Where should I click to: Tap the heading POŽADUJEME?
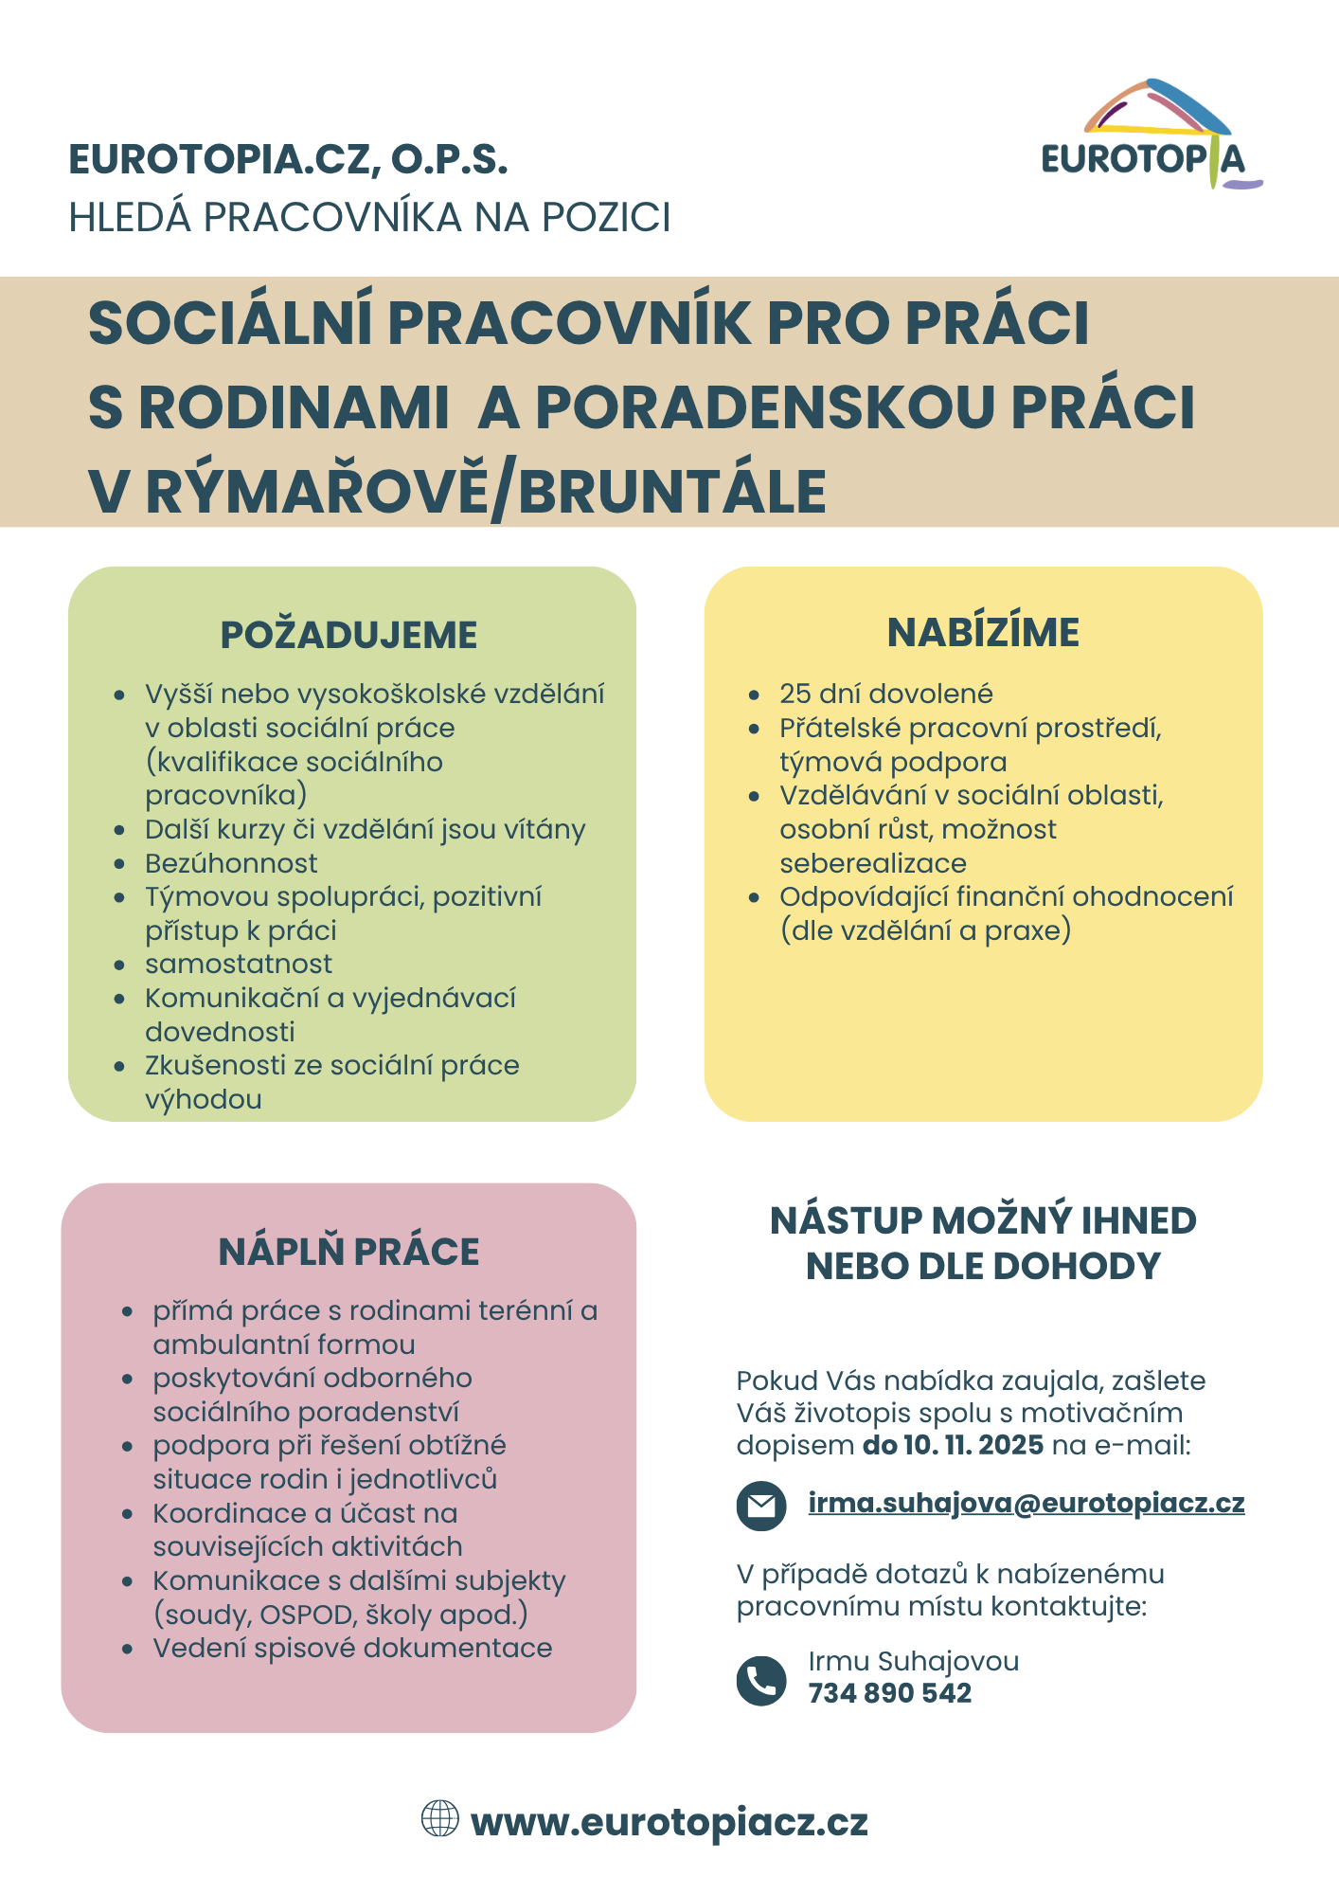pos(348,635)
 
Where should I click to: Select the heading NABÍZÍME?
pos(983,633)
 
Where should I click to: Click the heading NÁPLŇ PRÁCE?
pos(348,1252)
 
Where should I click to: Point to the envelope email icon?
pos(760,1506)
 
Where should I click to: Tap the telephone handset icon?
pos(760,1681)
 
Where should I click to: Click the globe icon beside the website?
pos(439,1818)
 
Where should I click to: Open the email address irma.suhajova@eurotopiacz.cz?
pos(1026,1503)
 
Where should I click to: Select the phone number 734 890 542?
pos(889,1693)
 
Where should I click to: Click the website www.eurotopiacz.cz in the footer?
pos(669,1822)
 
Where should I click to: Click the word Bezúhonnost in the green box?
pos(231,863)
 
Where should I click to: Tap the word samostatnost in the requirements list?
pos(239,964)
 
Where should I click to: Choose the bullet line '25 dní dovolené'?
pos(885,694)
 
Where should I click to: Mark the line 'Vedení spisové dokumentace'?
pos(352,1648)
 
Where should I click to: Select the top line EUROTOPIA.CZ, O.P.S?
pos(288,159)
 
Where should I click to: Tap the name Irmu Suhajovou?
pos(913,1661)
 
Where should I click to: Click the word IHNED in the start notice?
pos(1138,1220)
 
